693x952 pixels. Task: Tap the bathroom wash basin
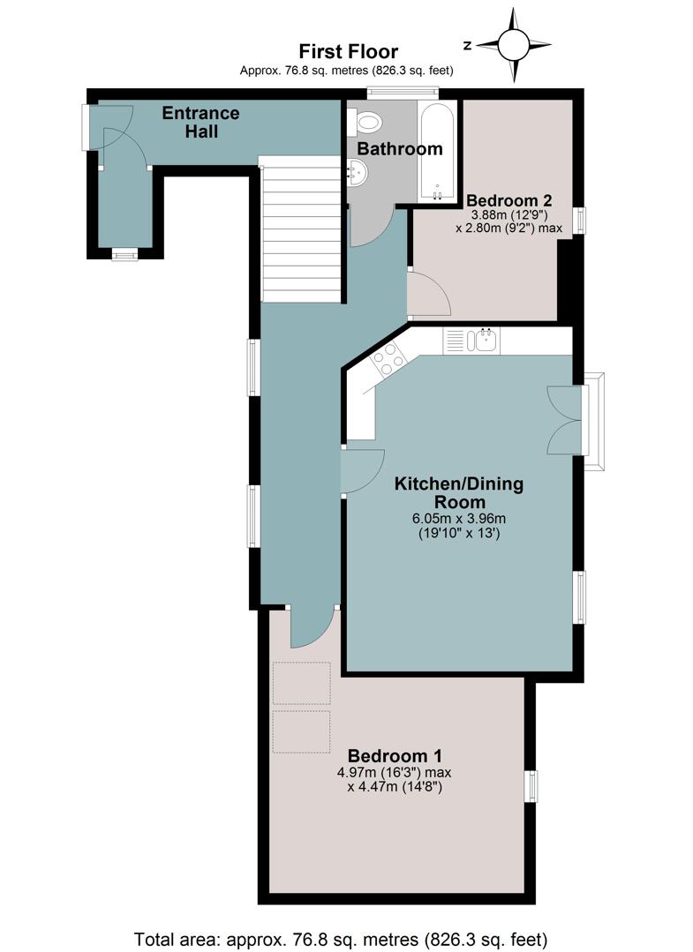point(358,172)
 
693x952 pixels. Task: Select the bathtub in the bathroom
point(436,151)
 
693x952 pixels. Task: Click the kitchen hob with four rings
point(388,358)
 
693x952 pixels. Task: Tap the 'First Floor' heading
point(348,51)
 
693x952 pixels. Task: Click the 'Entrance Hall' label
point(201,122)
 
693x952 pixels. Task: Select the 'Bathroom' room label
point(400,148)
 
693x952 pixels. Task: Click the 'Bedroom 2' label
point(509,199)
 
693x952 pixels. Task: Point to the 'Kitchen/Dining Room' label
point(459,492)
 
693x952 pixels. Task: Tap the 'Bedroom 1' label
point(395,756)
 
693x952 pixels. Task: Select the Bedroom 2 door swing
point(429,294)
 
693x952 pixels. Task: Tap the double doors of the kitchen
point(565,420)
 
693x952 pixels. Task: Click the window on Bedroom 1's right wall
point(531,787)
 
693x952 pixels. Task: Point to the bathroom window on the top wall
point(403,92)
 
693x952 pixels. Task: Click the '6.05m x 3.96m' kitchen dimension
point(459,519)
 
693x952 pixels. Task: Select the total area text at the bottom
point(341,940)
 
